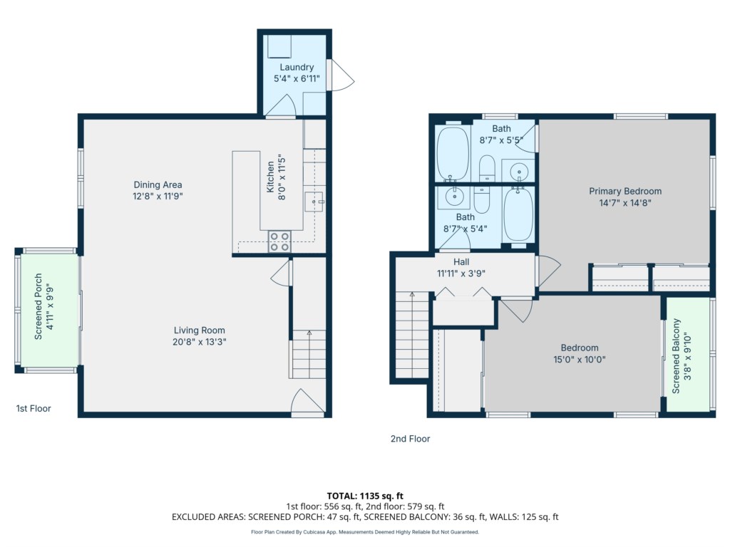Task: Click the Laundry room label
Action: pyautogui.click(x=297, y=68)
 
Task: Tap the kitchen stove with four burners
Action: pyautogui.click(x=279, y=241)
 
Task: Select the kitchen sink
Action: pyautogui.click(x=314, y=202)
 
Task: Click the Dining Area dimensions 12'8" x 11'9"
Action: pyautogui.click(x=158, y=197)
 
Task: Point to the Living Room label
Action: pyautogui.click(x=200, y=330)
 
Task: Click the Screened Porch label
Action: pyautogui.click(x=38, y=306)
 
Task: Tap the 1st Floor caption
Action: pyautogui.click(x=34, y=408)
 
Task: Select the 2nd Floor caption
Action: pyautogui.click(x=410, y=439)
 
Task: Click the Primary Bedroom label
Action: pyautogui.click(x=625, y=191)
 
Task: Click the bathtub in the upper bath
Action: pyautogui.click(x=453, y=153)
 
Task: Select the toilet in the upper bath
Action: pyautogui.click(x=487, y=167)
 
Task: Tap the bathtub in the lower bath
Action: pyautogui.click(x=518, y=214)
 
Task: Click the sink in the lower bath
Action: pyautogui.click(x=454, y=196)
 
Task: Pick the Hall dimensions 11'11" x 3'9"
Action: pyautogui.click(x=461, y=273)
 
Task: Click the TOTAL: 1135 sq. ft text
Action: pyautogui.click(x=365, y=496)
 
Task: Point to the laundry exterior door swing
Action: pyautogui.click(x=343, y=75)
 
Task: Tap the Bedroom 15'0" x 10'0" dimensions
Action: pyautogui.click(x=579, y=360)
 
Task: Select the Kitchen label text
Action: pyautogui.click(x=270, y=177)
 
